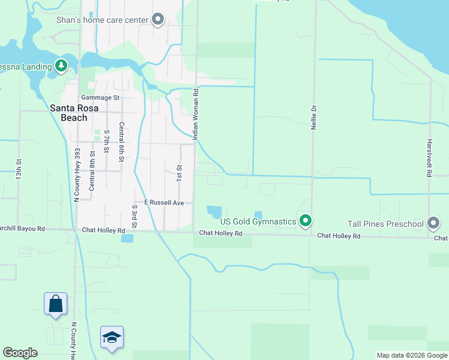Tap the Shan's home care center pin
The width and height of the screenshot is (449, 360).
click(x=158, y=20)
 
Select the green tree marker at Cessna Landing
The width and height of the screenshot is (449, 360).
click(x=61, y=65)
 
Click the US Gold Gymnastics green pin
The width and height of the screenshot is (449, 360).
click(x=306, y=221)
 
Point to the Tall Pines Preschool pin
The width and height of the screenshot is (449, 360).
click(x=434, y=224)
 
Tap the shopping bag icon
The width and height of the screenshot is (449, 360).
click(x=55, y=304)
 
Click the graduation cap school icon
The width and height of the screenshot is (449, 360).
click(x=112, y=337)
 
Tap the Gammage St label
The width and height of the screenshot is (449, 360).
click(x=100, y=97)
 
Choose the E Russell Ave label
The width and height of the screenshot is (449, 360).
click(x=160, y=203)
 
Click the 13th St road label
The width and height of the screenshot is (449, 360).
click(x=19, y=170)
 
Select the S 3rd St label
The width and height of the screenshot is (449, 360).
click(x=134, y=216)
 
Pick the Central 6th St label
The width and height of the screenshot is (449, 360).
click(x=121, y=142)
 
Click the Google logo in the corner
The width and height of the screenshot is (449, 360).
click(x=20, y=353)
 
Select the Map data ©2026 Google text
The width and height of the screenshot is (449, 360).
click(x=411, y=355)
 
